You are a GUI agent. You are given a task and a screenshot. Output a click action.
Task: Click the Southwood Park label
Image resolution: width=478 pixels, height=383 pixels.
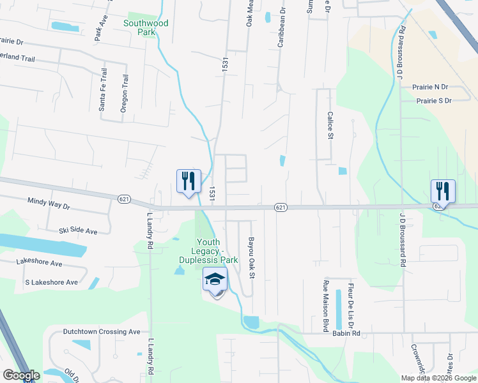[x=146, y=27]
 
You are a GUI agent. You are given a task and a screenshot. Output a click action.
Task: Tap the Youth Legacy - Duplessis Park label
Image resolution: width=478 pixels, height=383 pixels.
[x=217, y=251]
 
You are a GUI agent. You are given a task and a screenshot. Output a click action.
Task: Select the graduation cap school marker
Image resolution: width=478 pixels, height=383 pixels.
[x=215, y=279]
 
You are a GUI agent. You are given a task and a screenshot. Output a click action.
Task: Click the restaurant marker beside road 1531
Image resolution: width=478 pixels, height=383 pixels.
[x=189, y=181]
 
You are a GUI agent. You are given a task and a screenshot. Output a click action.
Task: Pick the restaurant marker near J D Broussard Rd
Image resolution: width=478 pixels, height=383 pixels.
[x=443, y=191]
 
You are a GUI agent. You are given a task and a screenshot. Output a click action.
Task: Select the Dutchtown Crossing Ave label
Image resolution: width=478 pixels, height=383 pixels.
[x=101, y=332]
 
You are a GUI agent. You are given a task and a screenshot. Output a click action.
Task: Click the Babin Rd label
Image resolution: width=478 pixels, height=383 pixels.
[x=346, y=333]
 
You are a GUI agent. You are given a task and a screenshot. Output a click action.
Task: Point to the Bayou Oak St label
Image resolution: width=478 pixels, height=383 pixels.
[x=252, y=258]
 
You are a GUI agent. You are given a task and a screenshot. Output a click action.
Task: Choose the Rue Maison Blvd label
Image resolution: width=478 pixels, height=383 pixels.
[x=326, y=306]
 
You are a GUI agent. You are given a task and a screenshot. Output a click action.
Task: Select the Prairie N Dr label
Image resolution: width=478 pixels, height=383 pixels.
[x=431, y=87]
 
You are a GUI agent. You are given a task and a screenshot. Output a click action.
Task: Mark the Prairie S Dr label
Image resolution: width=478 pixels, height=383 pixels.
[x=434, y=101]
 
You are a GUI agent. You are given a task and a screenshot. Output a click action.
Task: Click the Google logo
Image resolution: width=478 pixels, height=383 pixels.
[x=21, y=375]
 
